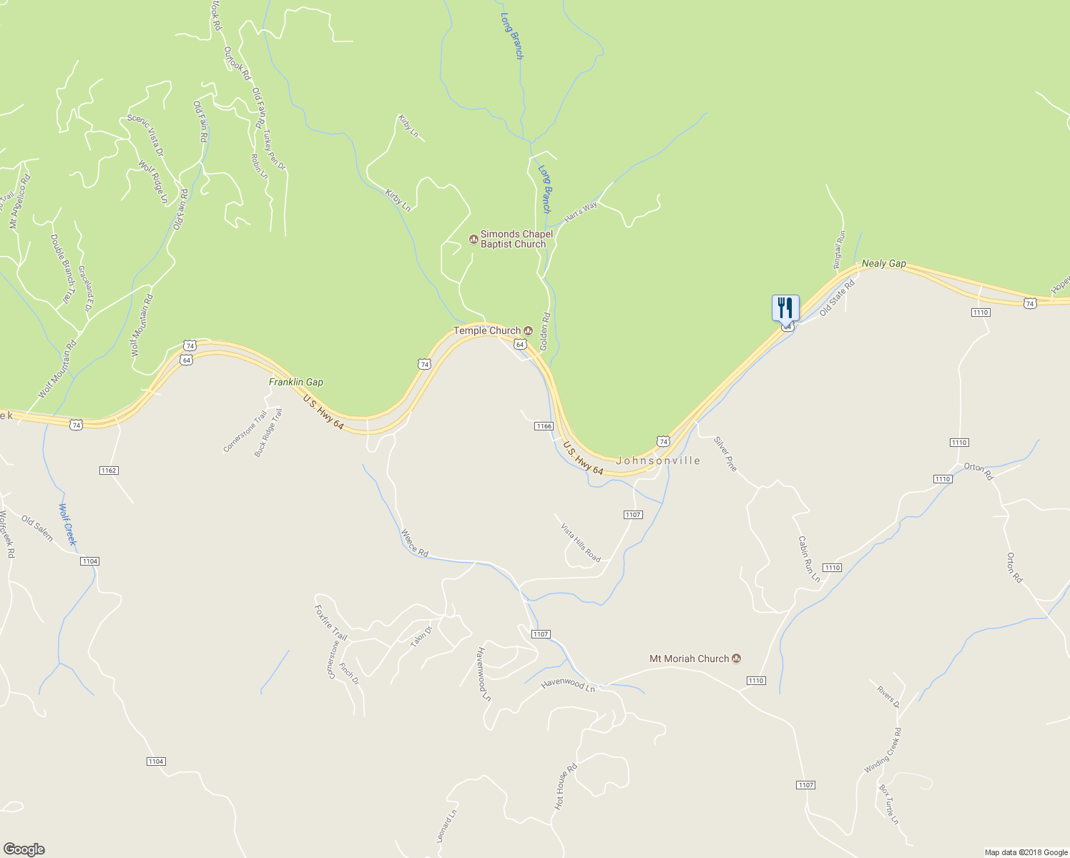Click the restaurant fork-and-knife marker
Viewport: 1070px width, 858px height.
[785, 308]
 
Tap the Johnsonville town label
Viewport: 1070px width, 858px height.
[658, 460]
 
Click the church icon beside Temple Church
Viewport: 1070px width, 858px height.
[529, 330]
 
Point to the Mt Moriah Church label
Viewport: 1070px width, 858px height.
[689, 659]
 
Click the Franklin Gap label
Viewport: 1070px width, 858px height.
[295, 382]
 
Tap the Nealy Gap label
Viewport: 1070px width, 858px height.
[883, 263]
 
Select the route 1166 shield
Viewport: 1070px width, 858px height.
[544, 426]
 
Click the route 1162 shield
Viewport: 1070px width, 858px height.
[109, 470]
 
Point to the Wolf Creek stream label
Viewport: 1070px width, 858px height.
[67, 525]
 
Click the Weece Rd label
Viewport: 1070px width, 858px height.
[414, 543]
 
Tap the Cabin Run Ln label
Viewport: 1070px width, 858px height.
[809, 559]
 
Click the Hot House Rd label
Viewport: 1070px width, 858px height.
[565, 786]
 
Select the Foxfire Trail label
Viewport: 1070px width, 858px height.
[330, 622]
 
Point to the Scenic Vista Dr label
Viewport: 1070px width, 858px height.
[145, 135]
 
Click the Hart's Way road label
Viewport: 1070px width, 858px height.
[580, 212]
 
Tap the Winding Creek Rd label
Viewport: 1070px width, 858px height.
[883, 750]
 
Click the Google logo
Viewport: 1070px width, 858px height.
[24, 849]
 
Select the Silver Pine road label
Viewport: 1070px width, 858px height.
[725, 454]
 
